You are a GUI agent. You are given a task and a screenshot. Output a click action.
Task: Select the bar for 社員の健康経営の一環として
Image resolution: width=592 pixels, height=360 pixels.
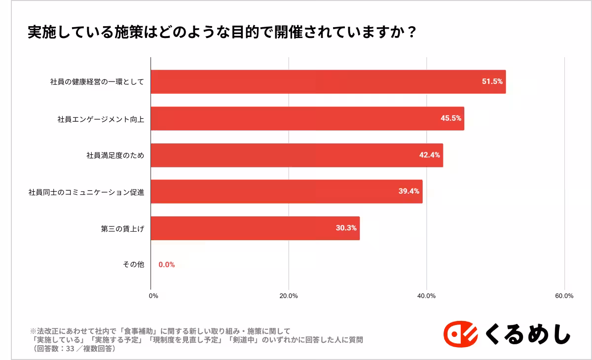[x=328, y=82]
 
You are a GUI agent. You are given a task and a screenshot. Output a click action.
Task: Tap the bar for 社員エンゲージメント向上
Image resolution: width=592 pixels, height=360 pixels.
[x=307, y=118]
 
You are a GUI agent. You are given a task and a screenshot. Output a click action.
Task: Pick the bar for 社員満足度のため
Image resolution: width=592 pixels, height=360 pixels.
[x=296, y=155]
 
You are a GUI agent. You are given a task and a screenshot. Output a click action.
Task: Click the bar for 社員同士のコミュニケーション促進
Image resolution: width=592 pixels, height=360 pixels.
[x=286, y=191]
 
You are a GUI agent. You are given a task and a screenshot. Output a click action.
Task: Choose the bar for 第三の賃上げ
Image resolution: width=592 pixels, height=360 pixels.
[x=255, y=228]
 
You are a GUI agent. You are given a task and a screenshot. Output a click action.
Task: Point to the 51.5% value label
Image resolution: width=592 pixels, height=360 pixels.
[x=492, y=82]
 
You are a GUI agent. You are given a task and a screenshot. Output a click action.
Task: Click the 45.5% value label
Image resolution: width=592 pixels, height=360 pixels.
[x=450, y=118]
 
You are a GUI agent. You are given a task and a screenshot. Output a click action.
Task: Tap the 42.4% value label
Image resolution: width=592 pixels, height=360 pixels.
[x=429, y=155]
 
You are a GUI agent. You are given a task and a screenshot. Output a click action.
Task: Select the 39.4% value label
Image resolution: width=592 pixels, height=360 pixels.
[x=408, y=191]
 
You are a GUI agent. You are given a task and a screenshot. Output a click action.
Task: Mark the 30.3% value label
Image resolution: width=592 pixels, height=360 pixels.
[x=346, y=228]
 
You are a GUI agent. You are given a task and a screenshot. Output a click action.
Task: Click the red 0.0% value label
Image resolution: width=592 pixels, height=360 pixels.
[x=166, y=265]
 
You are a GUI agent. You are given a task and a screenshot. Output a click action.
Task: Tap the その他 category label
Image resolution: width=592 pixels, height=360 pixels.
[x=133, y=265]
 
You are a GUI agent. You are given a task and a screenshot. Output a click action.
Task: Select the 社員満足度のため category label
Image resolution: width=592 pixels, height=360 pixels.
[x=115, y=155]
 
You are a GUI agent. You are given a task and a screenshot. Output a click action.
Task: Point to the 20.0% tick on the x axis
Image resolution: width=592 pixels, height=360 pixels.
[x=288, y=296]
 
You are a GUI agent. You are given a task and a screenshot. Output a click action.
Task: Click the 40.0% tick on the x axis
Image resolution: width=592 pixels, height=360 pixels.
[x=426, y=296]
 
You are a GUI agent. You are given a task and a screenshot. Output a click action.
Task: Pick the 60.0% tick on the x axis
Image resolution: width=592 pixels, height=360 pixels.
[x=564, y=296]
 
